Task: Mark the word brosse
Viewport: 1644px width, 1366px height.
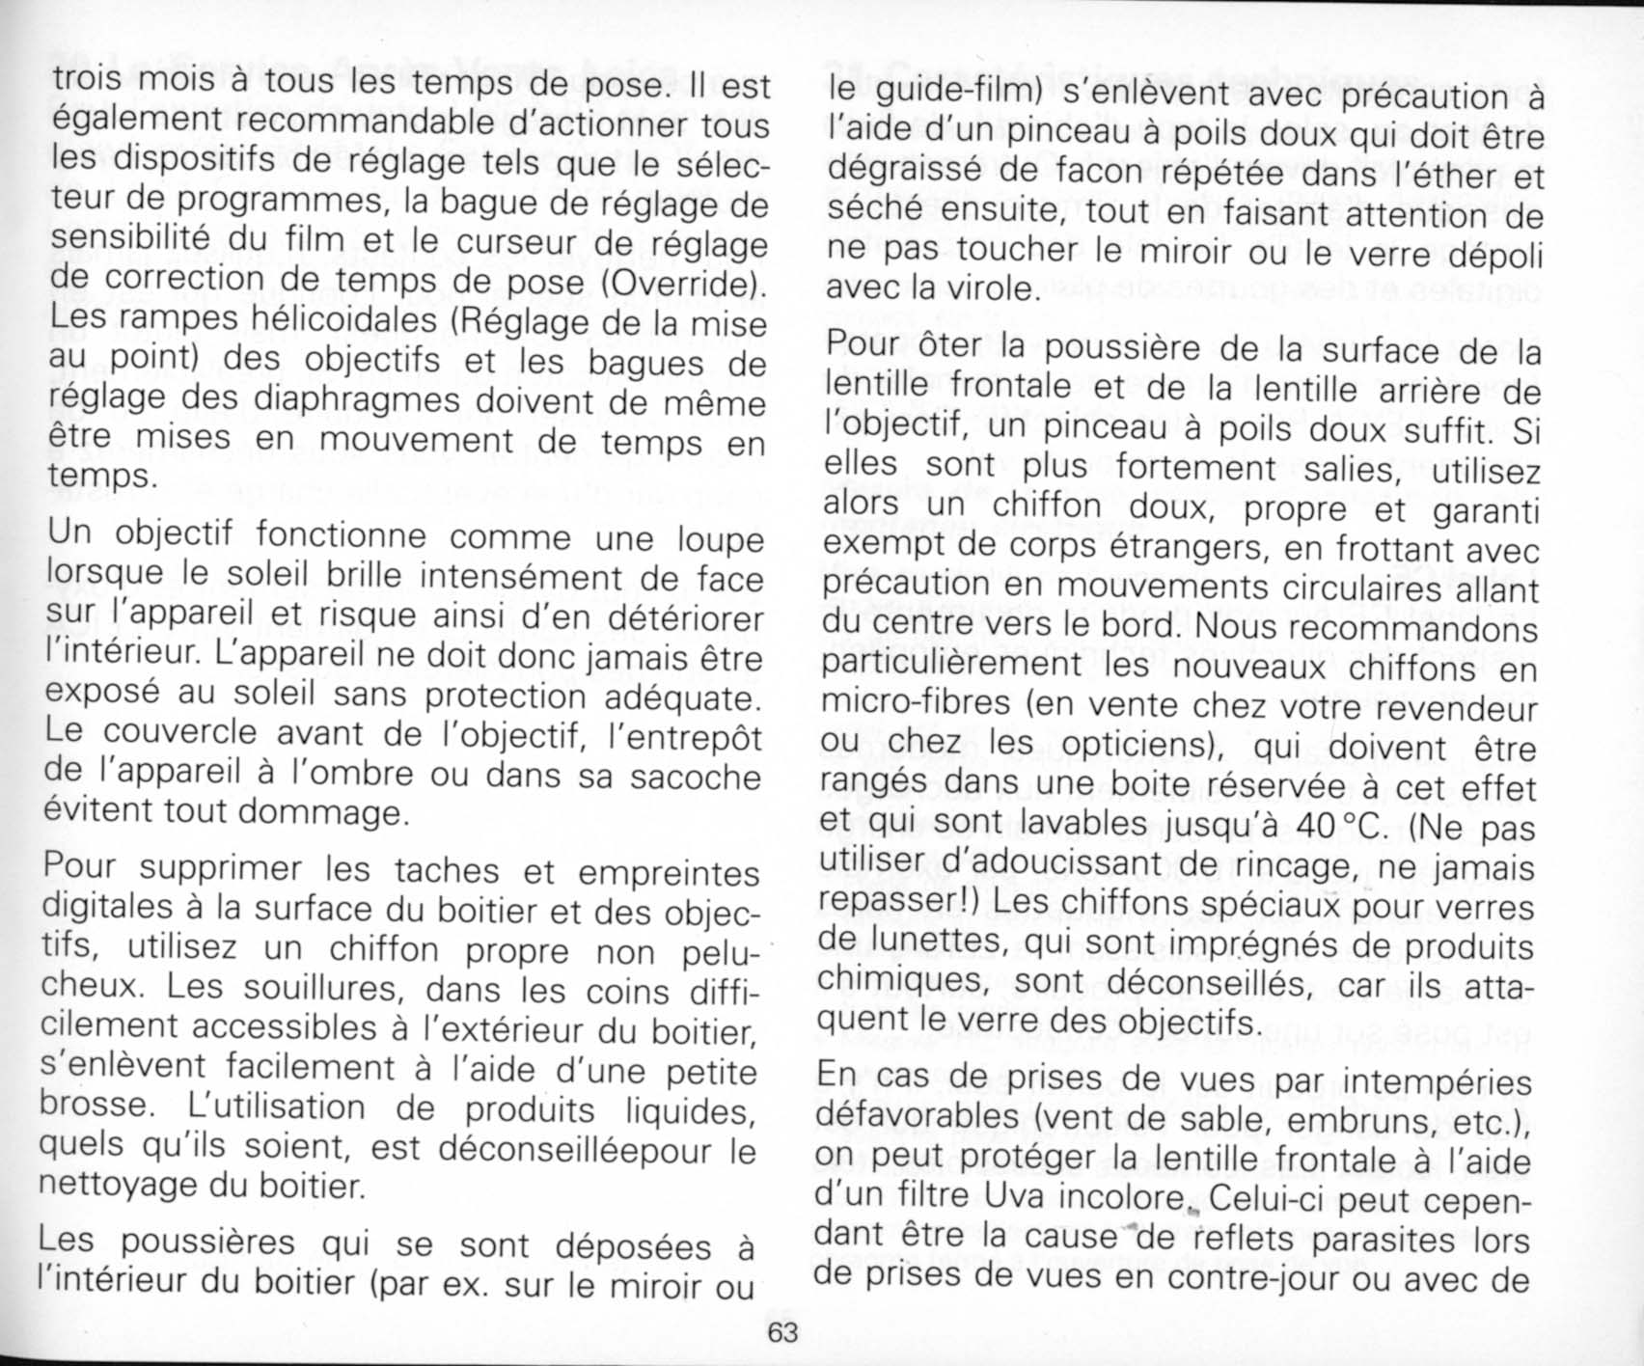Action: [96, 1106]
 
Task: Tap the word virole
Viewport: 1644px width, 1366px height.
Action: [988, 288]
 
